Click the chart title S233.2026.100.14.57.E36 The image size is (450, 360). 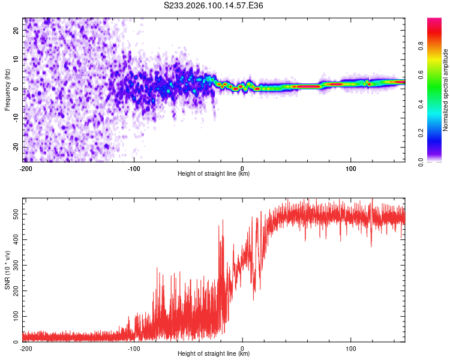coord(214,5)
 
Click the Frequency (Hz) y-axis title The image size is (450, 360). coord(7,90)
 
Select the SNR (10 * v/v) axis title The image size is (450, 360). coord(7,270)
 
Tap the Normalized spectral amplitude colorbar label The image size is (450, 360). coord(446,90)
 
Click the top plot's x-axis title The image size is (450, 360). coord(214,173)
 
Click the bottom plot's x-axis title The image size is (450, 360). coord(214,353)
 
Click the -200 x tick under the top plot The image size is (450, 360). coord(26,169)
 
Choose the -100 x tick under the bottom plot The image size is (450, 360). coord(134,349)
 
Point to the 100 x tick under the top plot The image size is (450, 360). coord(350,169)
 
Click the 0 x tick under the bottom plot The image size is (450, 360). coord(242,349)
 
